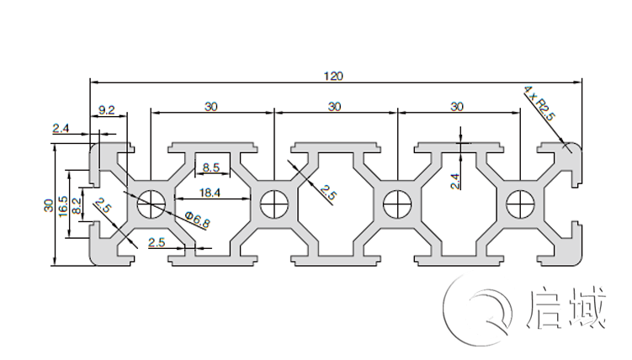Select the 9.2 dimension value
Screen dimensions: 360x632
pos(107,109)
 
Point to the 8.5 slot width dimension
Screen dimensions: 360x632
pos(211,167)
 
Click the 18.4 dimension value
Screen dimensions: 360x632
pos(210,193)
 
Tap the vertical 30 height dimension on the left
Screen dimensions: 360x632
pos(49,205)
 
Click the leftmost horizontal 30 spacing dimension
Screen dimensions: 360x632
pos(211,107)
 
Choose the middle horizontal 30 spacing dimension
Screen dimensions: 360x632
pos(335,107)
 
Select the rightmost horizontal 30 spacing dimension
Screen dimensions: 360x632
pos(458,107)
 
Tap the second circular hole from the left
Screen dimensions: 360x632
pos(274,202)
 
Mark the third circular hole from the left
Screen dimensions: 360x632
pos(396,202)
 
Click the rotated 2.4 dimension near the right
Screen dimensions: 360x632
pos(455,180)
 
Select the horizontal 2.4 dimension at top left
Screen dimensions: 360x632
pos(61,129)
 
